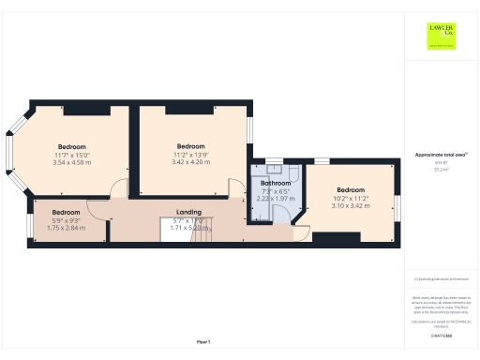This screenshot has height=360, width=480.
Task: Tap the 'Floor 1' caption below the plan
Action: click(203, 341)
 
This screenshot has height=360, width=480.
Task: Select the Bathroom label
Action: click(276, 184)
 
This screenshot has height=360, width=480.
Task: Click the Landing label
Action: click(189, 212)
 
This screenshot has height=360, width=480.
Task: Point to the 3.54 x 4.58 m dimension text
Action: click(72, 162)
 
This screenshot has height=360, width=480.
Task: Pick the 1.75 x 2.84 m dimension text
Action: click(66, 227)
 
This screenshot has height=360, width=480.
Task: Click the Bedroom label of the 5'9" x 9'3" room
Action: click(66, 212)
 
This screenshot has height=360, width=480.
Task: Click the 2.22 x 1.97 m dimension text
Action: click(276, 199)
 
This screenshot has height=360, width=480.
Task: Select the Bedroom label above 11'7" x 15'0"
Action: click(72, 147)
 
